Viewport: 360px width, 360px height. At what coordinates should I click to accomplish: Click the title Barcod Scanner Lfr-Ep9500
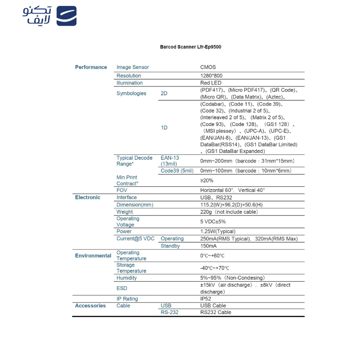[190, 47]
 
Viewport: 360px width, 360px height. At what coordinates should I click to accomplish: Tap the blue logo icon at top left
[66, 16]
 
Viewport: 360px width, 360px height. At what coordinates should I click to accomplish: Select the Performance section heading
[91, 67]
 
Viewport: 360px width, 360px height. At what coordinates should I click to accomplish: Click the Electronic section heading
[88, 198]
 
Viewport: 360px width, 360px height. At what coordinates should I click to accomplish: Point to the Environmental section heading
[93, 256]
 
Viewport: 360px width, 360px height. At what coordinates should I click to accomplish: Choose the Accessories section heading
[90, 306]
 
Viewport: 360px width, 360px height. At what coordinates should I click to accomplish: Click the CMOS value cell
[208, 67]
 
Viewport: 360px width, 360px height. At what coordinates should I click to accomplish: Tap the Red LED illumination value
[210, 83]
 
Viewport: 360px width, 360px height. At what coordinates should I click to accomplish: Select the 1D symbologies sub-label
[164, 128]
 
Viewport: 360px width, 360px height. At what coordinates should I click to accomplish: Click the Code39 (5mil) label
[177, 171]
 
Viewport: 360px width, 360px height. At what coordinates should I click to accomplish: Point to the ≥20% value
[207, 180]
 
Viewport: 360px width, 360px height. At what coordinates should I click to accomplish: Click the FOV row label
[122, 190]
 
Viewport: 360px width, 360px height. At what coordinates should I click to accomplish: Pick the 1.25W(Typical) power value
[218, 232]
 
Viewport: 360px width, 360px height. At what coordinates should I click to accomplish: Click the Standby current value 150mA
[208, 246]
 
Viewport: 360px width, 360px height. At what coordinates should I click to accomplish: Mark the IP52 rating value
[206, 299]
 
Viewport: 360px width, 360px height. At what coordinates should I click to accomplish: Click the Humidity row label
[126, 278]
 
